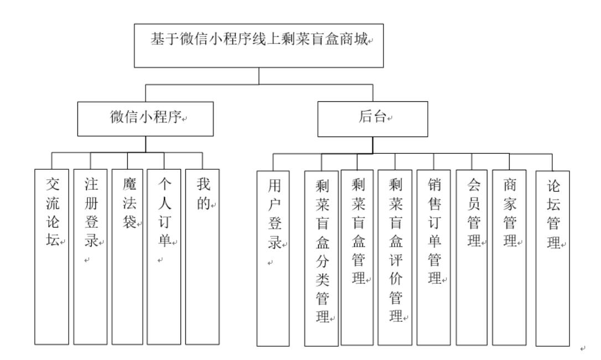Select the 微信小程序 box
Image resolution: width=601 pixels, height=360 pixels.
click(x=146, y=118)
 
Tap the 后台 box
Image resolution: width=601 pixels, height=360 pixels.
click(x=372, y=118)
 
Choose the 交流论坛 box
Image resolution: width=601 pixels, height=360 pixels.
click(x=51, y=257)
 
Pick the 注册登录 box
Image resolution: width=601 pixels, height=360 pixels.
click(x=91, y=257)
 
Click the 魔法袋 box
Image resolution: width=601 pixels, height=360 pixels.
click(x=128, y=257)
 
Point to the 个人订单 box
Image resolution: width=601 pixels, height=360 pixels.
click(x=164, y=257)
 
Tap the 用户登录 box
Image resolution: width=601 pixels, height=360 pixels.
click(x=273, y=258)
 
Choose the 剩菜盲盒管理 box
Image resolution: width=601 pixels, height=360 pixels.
click(x=356, y=258)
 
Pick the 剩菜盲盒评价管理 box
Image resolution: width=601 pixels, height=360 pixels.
click(x=395, y=258)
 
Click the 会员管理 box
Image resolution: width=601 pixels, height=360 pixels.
click(x=472, y=258)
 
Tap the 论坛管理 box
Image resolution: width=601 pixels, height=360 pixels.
click(x=552, y=258)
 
